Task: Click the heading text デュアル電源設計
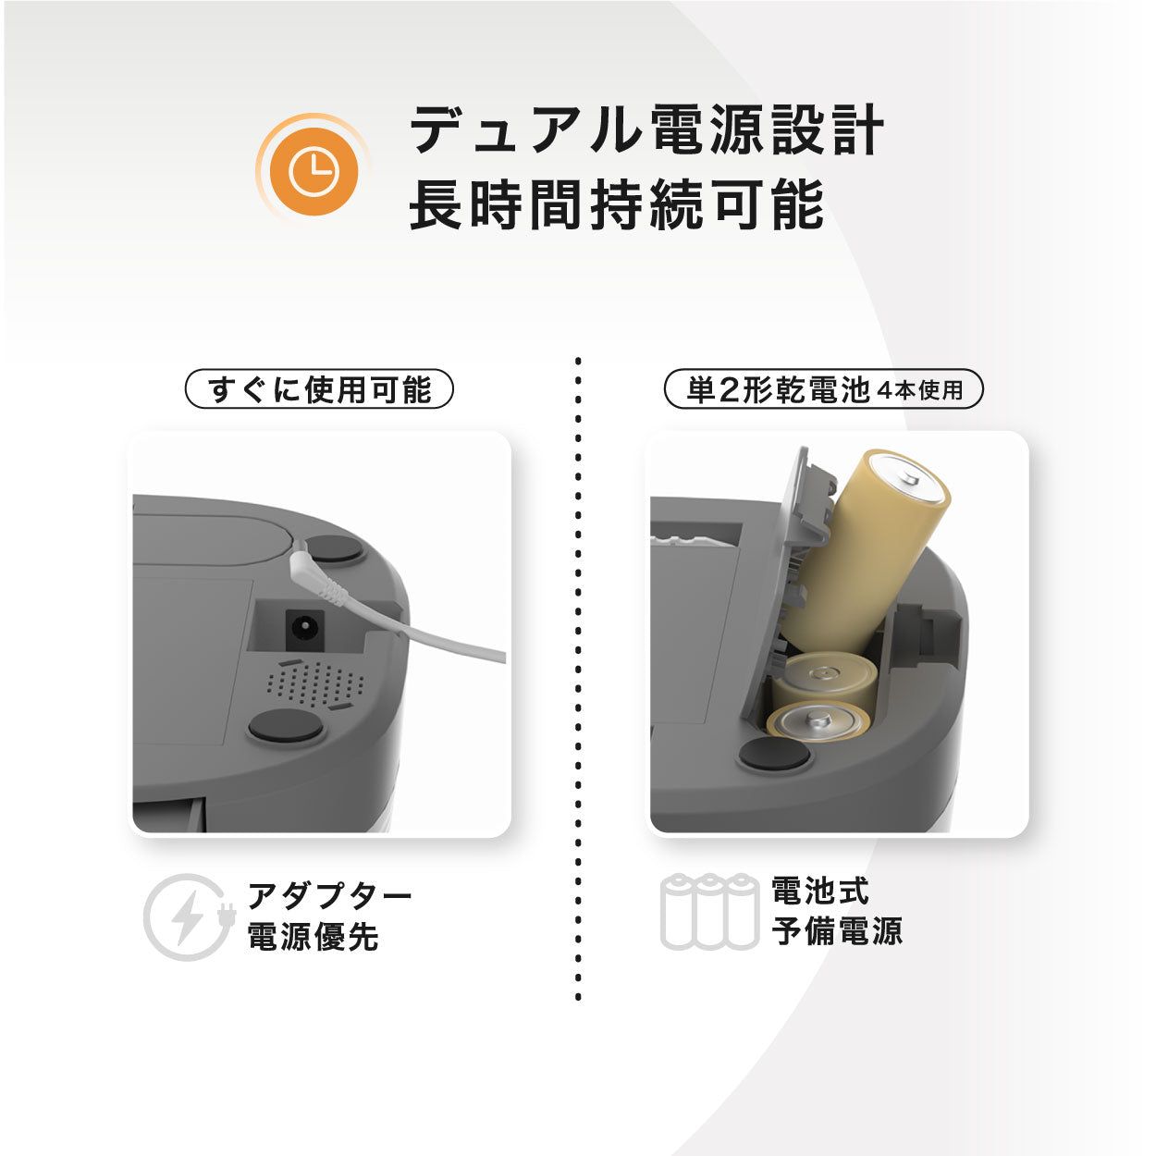tap(646, 129)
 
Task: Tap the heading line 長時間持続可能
tap(616, 205)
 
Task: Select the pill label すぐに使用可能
tap(320, 389)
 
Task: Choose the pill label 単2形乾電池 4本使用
tap(823, 389)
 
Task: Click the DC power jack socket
tap(301, 632)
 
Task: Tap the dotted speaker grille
tap(314, 683)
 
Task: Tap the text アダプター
tap(329, 895)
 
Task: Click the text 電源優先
tap(313, 937)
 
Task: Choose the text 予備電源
tap(838, 931)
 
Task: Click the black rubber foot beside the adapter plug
tap(335, 549)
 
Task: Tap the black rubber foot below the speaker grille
tap(287, 727)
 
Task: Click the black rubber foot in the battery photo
tap(774, 755)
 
